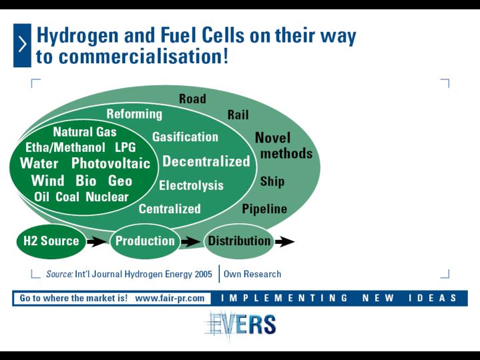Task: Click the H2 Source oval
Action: [x=51, y=241]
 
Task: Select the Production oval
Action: [x=145, y=241]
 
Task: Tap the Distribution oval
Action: [x=239, y=241]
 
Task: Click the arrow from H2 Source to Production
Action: [x=97, y=242]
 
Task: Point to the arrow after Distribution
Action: [x=285, y=242]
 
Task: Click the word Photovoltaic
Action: [x=111, y=163]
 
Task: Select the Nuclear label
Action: [x=107, y=197]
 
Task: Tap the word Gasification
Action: [x=185, y=137]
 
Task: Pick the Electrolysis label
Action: [x=191, y=185]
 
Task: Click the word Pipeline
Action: [x=265, y=209]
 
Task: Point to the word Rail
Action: [x=238, y=115]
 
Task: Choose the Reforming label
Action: [x=135, y=114]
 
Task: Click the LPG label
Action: [x=125, y=147]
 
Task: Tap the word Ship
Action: [x=273, y=181]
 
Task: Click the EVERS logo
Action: [x=241, y=325]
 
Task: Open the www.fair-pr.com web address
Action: [x=169, y=298]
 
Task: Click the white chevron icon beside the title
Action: [x=23, y=45]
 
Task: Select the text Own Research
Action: [x=252, y=274]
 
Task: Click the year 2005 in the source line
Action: [x=203, y=274]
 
